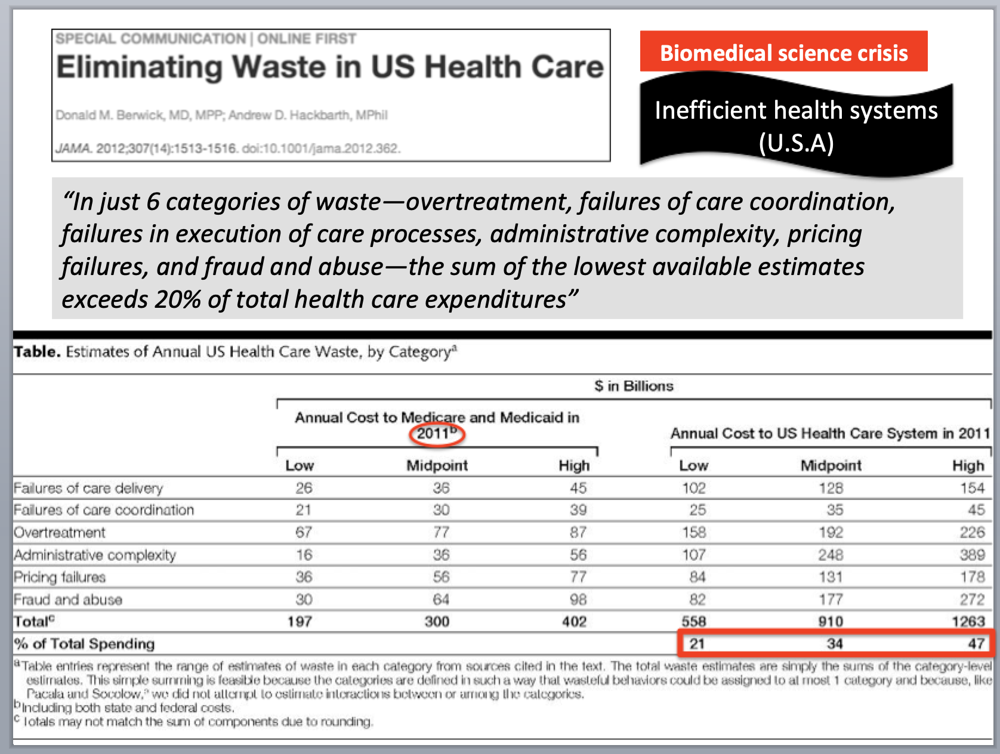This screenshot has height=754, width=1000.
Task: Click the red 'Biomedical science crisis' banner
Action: click(x=783, y=52)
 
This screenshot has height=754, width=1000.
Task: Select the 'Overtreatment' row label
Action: click(x=60, y=532)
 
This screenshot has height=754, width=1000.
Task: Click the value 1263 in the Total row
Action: click(x=968, y=622)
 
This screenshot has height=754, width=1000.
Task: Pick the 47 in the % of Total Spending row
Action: click(x=976, y=644)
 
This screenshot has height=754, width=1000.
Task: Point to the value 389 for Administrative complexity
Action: click(x=972, y=555)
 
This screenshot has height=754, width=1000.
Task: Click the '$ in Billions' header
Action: click(x=634, y=386)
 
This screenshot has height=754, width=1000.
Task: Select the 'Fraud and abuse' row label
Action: click(x=68, y=600)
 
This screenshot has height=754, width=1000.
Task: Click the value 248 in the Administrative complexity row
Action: click(x=831, y=555)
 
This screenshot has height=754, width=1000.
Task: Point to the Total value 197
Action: click(x=300, y=622)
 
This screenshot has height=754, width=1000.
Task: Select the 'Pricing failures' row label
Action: click(x=60, y=577)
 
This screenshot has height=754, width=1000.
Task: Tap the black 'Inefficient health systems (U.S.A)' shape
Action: click(x=796, y=126)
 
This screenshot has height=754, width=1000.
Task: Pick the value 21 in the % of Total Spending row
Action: click(x=697, y=644)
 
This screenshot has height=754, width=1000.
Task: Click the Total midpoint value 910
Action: click(x=831, y=622)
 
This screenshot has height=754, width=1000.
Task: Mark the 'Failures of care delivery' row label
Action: click(x=88, y=488)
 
